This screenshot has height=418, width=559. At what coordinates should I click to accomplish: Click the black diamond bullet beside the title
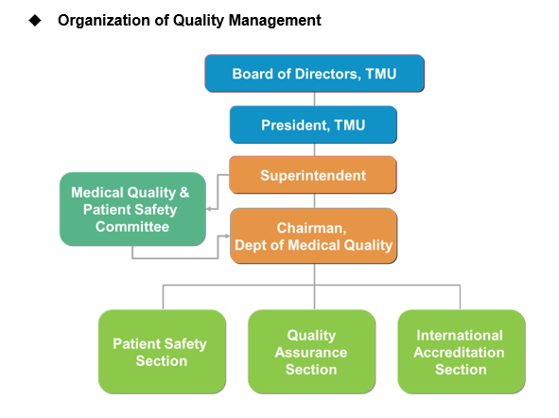(35, 20)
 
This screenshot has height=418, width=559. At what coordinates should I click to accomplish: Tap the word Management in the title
(275, 21)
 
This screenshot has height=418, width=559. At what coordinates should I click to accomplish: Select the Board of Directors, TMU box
(314, 74)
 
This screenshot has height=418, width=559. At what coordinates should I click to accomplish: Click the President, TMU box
(313, 125)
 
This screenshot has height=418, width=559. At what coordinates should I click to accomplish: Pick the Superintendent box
(313, 175)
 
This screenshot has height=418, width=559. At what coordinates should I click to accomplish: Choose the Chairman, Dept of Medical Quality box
(314, 235)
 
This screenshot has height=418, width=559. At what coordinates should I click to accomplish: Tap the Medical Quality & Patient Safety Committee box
(132, 209)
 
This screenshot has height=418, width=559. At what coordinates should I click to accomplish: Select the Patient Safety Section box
(162, 352)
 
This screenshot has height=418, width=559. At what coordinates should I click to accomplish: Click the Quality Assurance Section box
(312, 352)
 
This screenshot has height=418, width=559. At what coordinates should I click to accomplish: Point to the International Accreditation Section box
(462, 352)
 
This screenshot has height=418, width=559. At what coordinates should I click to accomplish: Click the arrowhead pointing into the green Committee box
(209, 209)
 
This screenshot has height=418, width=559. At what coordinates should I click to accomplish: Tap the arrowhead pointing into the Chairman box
(227, 235)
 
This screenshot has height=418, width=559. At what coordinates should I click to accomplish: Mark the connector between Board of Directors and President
(314, 99)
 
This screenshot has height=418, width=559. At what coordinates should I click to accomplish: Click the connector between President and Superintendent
(314, 149)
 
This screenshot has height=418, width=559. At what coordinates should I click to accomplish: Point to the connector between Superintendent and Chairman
(314, 201)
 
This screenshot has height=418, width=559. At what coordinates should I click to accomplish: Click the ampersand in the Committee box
(184, 192)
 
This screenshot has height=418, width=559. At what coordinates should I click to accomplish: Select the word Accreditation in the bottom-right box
(459, 353)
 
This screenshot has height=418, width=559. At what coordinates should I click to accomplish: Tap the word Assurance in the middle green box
(311, 353)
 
